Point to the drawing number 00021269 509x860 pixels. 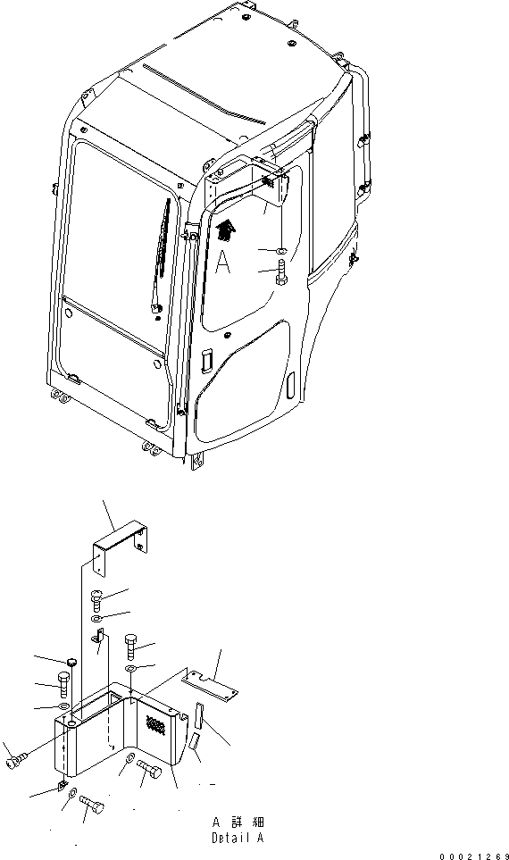coord(473,856)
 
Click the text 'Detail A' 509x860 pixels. coord(238,839)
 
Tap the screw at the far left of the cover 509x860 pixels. coord(16,762)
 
